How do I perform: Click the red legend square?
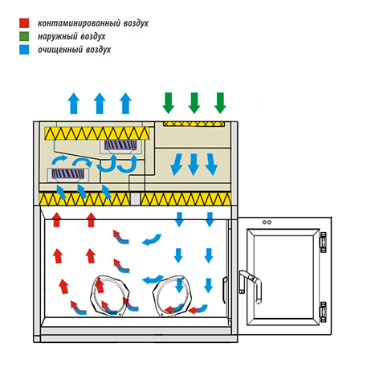click(24, 23)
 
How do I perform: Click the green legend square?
click(24, 36)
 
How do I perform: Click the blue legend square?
click(24, 50)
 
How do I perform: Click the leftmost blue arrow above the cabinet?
click(74, 104)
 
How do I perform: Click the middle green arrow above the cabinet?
click(194, 103)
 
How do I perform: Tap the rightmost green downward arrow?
click(220, 103)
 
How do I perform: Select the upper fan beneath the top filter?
click(120, 146)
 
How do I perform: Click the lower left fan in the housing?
click(68, 175)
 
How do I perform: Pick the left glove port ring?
click(110, 296)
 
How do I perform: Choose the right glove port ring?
click(172, 296)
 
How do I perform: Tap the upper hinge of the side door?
click(324, 243)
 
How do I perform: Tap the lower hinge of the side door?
click(324, 312)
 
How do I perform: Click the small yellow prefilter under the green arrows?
click(194, 124)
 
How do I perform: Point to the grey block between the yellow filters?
click(135, 198)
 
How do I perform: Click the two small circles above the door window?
click(267, 222)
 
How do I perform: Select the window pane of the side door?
click(283, 277)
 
